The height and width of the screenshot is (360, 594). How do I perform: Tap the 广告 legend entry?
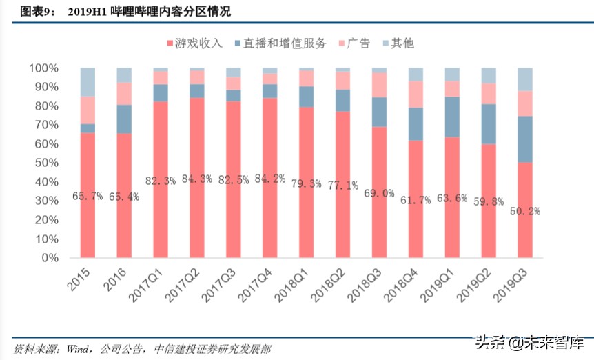pyautogui.click(x=353, y=43)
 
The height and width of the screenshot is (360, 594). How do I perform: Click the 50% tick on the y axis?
pyautogui.click(x=45, y=163)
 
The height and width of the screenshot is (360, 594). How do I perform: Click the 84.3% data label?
pyautogui.click(x=196, y=181)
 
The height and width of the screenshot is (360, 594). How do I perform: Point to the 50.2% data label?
pyautogui.click(x=525, y=212)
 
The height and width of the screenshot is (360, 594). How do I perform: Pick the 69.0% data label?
pyautogui.click(x=379, y=193)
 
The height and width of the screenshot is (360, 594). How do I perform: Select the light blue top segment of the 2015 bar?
pyautogui.click(x=88, y=82)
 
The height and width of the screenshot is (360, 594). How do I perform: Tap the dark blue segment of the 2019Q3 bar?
pyautogui.click(x=525, y=139)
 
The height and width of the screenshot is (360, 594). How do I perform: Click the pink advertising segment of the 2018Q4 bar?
pyautogui.click(x=416, y=94)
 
